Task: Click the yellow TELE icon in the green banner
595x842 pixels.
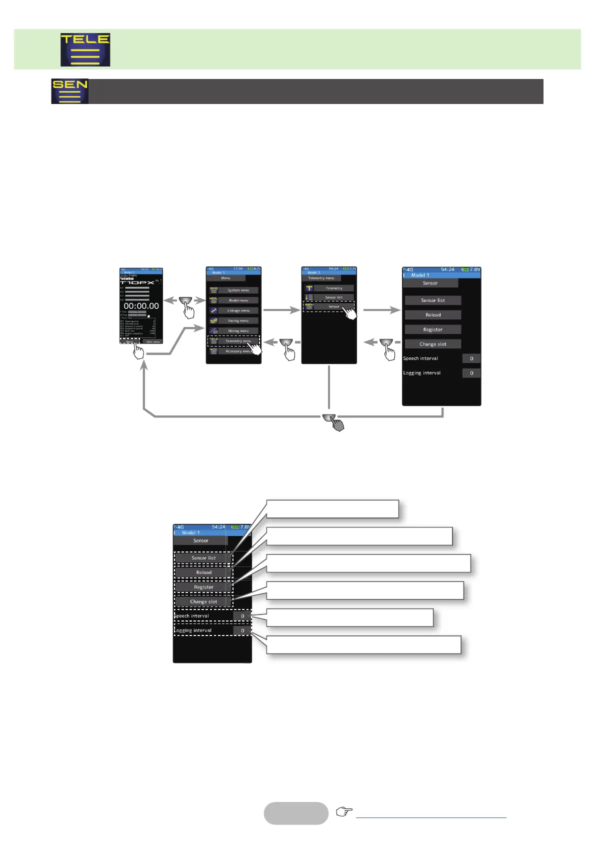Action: (x=85, y=49)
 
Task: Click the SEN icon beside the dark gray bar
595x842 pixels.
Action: (x=69, y=91)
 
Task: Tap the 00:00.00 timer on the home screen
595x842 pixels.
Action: (x=141, y=306)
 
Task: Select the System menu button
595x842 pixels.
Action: (x=238, y=290)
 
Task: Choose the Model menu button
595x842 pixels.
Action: (x=238, y=300)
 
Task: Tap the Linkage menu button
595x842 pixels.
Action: (x=238, y=310)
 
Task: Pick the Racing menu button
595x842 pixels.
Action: (x=238, y=320)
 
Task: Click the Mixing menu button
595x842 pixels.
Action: (x=238, y=331)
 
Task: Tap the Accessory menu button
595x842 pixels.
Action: (x=238, y=351)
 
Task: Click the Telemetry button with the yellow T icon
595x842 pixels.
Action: (x=333, y=288)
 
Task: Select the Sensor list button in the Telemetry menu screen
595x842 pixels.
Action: (x=333, y=297)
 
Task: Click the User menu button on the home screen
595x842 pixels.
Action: (x=153, y=341)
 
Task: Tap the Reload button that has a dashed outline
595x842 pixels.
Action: (x=203, y=572)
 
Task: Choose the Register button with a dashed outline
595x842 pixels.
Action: (x=203, y=587)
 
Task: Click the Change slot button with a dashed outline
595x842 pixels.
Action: (x=203, y=601)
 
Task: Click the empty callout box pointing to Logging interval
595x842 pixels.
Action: (x=363, y=644)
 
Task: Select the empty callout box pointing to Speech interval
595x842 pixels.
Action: (x=349, y=617)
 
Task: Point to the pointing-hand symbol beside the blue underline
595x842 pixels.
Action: (x=344, y=811)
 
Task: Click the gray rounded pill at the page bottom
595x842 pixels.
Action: (x=296, y=813)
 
